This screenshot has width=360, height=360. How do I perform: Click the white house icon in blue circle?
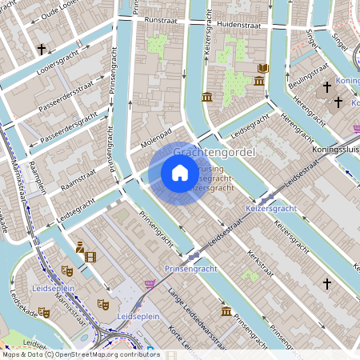pyautogui.click(x=180, y=172)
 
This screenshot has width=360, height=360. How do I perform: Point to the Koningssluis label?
pyautogui.click(x=335, y=149)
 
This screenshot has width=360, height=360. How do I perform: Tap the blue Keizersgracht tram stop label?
pyautogui.click(x=270, y=208)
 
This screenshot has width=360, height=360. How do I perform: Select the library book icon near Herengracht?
pyautogui.click(x=262, y=69)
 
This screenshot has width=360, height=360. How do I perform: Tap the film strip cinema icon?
pyautogui.click(x=90, y=257)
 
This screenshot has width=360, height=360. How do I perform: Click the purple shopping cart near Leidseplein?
pyautogui.click(x=150, y=283)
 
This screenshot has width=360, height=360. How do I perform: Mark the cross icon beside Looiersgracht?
pyautogui.click(x=41, y=50)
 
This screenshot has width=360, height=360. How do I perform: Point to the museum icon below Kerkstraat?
pyautogui.click(x=226, y=310)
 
